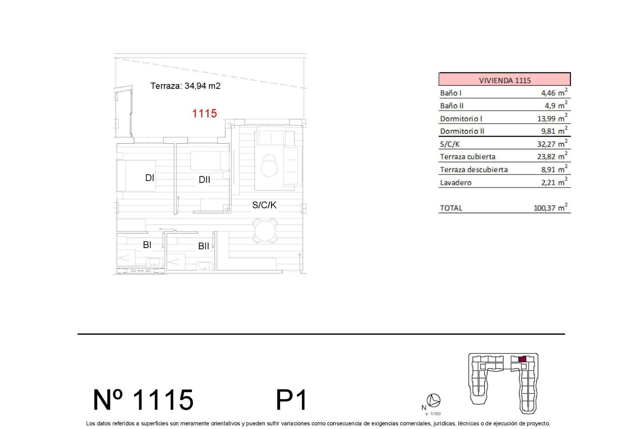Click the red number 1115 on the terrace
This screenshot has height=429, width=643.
coord(204,113)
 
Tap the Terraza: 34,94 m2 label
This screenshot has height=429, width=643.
coord(185,86)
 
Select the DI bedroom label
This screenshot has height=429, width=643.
coord(149,178)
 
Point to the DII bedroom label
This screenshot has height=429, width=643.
coord(204,180)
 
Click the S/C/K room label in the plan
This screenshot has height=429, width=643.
coord(264,205)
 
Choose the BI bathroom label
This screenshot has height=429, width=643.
coord(147,245)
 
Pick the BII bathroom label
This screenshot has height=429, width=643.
coord(203,246)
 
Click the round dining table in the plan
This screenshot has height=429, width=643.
coord(265,231)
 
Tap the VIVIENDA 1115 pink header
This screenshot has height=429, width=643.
coord(504,80)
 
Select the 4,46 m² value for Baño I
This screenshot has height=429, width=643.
coord(554,93)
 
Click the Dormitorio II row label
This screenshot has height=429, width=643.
coord(462,131)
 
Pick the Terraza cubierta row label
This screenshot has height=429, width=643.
coord(468,157)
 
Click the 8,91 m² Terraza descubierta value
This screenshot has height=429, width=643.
coord(554,170)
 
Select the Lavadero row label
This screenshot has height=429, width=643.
coord(455,183)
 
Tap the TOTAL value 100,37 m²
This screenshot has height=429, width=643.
coord(550,208)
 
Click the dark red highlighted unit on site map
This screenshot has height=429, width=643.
coord(522,359)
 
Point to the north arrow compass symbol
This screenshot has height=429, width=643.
coord(434,400)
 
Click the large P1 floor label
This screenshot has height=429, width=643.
coord(291,400)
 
